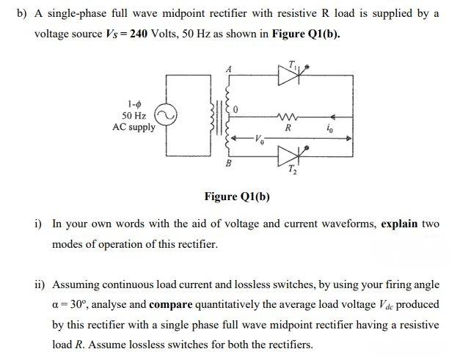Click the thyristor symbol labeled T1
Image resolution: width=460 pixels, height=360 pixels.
[x=284, y=74]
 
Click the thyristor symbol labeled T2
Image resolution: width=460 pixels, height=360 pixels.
[x=284, y=155]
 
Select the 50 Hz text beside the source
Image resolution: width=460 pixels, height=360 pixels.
[x=134, y=116]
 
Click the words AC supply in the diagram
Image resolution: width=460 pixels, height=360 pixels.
[x=134, y=127]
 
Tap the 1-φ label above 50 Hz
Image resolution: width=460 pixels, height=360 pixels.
[x=134, y=105]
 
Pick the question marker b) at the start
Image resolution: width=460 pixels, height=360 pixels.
[x=21, y=14]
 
